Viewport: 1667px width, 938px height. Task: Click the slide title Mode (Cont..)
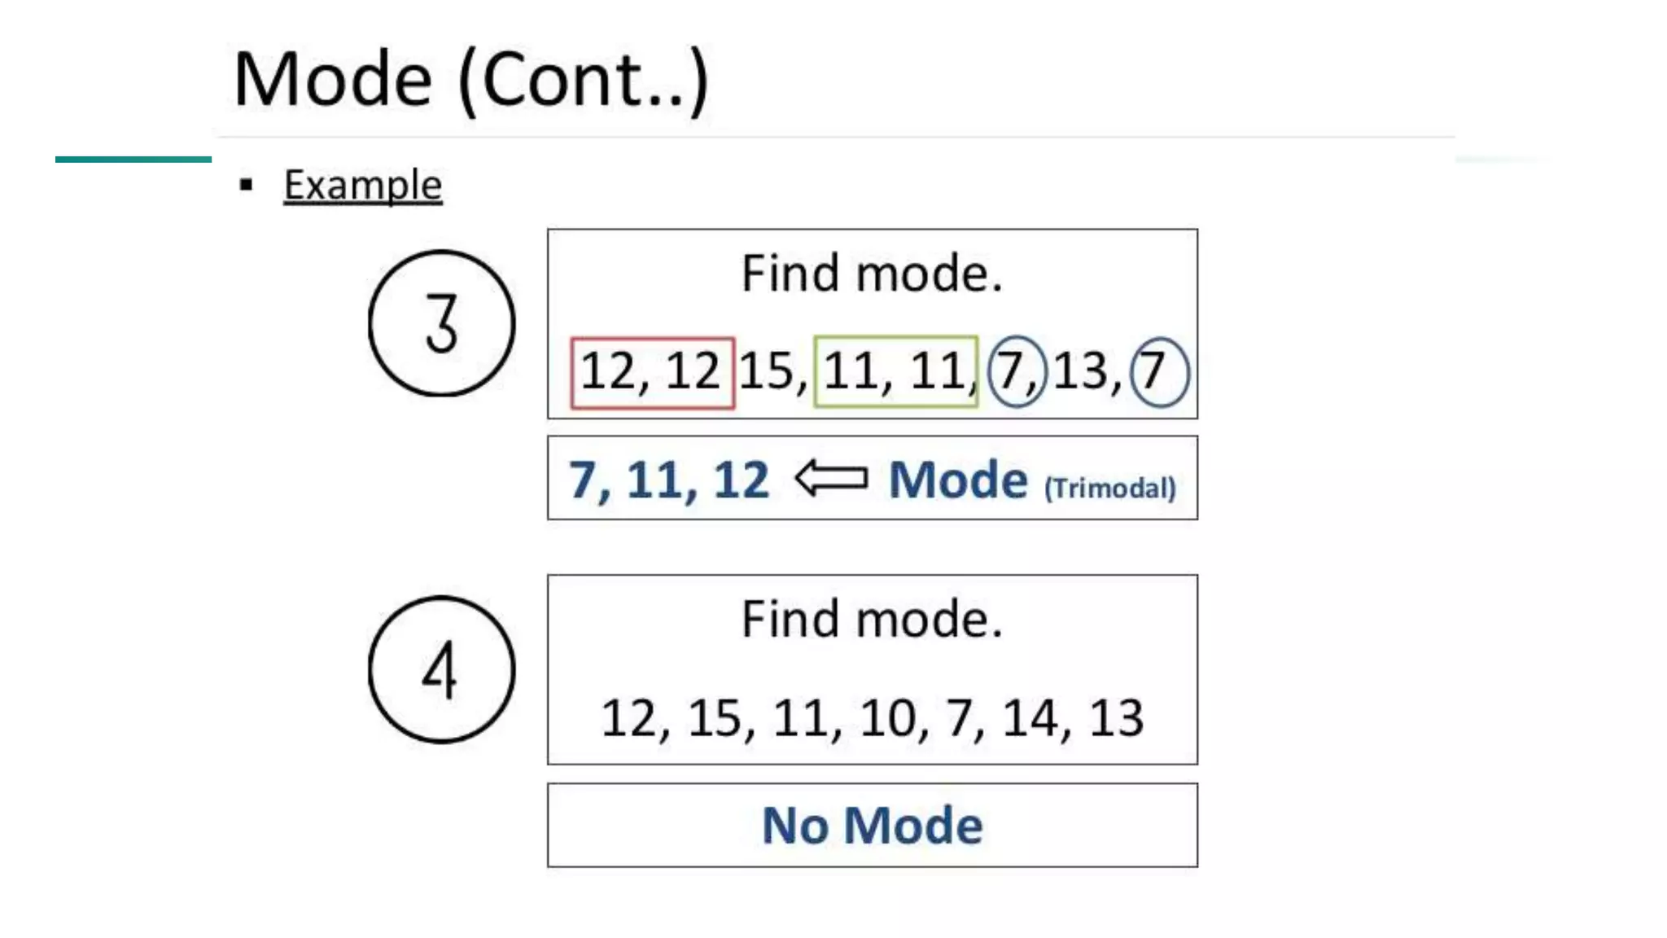[x=470, y=80]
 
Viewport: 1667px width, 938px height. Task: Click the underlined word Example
[x=362, y=186]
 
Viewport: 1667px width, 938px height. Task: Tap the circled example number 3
[x=441, y=323]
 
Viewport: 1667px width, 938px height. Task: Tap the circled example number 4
[x=441, y=669]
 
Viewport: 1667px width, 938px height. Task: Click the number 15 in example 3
[x=767, y=371]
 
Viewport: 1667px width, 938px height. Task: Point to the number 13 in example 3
[x=1081, y=371]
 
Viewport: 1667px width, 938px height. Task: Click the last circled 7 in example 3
[x=1158, y=371]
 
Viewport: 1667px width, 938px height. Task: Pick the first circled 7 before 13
[x=1015, y=371]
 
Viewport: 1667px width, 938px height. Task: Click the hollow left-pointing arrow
[x=831, y=478]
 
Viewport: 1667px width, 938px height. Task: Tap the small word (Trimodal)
[x=1109, y=488]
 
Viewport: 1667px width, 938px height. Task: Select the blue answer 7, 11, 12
[x=668, y=480]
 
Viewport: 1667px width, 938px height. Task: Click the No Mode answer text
[x=872, y=825]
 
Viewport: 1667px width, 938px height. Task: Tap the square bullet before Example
[x=247, y=186]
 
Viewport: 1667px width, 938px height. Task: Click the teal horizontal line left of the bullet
[x=133, y=160]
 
